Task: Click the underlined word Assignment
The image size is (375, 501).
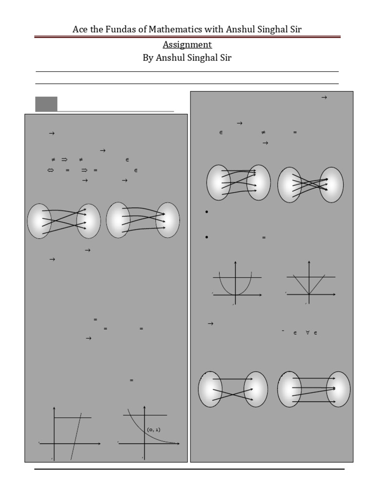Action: pyautogui.click(x=187, y=45)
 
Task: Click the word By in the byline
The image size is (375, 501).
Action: pyautogui.click(x=148, y=58)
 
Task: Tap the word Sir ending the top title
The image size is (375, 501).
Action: pyautogui.click(x=295, y=29)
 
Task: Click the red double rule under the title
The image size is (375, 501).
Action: pyautogui.click(x=187, y=37)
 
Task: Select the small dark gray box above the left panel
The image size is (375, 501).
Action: pyautogui.click(x=46, y=104)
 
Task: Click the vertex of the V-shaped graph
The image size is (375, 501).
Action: pyautogui.click(x=309, y=294)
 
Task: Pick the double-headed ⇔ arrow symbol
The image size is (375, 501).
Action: pyautogui.click(x=50, y=170)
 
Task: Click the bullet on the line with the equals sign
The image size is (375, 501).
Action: pyautogui.click(x=207, y=237)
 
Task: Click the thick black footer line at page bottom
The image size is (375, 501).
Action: pyautogui.click(x=189, y=469)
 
